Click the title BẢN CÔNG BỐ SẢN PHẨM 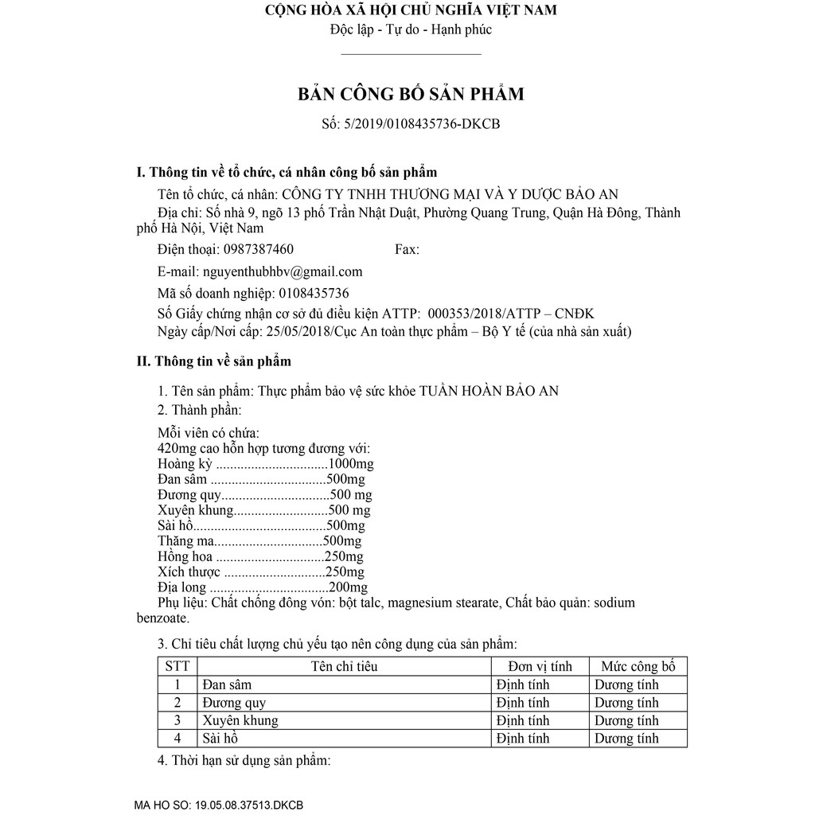pyautogui.click(x=411, y=94)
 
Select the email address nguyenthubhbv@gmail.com pyautogui.click(x=283, y=271)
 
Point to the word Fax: pyautogui.click(x=407, y=249)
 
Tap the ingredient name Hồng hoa pyautogui.click(x=185, y=557)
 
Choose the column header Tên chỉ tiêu pyautogui.click(x=344, y=666)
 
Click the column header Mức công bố pyautogui.click(x=638, y=666)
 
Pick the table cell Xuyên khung pyautogui.click(x=240, y=720)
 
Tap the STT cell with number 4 pyautogui.click(x=177, y=739)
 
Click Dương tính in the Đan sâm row pyautogui.click(x=626, y=684)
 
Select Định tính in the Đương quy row pyautogui.click(x=522, y=703)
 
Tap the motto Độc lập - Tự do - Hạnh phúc pyautogui.click(x=411, y=29)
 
